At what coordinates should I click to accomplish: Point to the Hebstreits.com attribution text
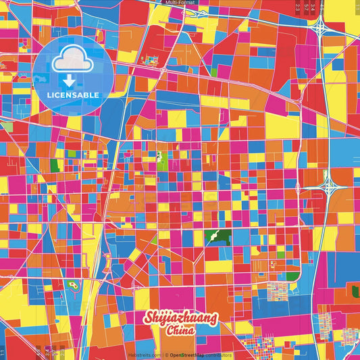tap(144, 355)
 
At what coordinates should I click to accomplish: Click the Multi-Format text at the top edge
tap(180, 3)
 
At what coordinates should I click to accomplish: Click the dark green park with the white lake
tap(217, 237)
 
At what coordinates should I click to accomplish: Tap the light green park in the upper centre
tap(161, 159)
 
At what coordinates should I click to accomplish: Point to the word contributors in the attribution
tap(220, 355)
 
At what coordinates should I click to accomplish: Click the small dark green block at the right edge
tap(355, 291)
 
